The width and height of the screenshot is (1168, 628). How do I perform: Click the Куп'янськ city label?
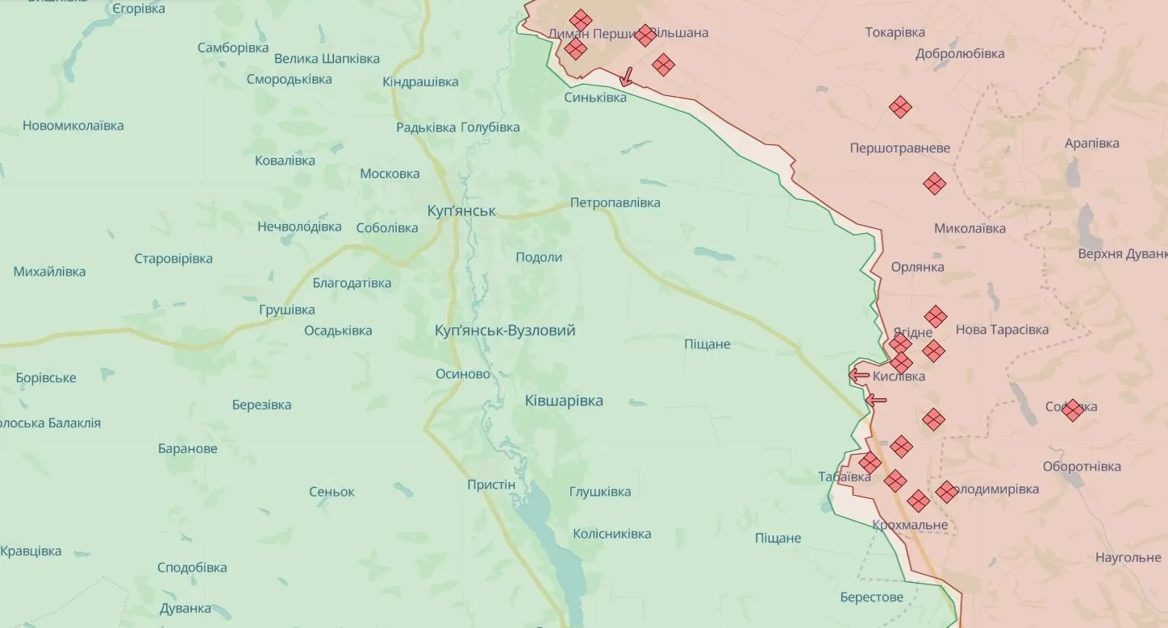461,211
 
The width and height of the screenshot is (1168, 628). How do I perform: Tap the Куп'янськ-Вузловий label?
505,331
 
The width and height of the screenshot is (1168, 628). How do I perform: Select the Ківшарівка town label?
564,401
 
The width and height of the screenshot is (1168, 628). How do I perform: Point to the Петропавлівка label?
615,202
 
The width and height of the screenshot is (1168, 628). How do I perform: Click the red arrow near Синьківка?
626,77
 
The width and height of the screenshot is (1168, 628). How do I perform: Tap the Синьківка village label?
595,98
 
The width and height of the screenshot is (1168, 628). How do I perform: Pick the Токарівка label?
895,32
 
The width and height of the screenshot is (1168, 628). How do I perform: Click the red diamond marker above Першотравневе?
900,106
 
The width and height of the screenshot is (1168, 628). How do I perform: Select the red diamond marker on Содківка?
1072,410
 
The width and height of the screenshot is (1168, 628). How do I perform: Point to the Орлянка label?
917,267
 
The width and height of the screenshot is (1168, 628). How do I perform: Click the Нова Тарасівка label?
1002,330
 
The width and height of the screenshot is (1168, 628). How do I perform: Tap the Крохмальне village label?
910,526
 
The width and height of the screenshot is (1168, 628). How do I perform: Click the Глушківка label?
600,492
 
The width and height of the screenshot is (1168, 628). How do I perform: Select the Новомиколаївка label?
73,126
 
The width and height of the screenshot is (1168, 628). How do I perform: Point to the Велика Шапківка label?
327,59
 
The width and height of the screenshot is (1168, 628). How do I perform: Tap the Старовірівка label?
173,259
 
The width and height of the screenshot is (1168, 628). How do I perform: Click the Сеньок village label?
332,492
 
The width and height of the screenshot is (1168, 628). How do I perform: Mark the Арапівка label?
1091,143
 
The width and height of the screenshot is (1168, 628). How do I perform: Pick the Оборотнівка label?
1082,467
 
